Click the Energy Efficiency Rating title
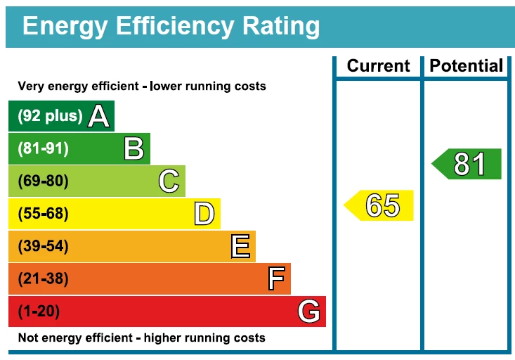[171, 26]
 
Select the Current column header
[378, 66]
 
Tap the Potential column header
[467, 66]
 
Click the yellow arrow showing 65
[380, 205]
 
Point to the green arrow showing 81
[468, 164]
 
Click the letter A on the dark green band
[99, 117]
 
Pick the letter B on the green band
[133, 149]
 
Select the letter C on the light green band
[169, 181]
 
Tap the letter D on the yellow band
[204, 214]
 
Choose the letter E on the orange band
[240, 246]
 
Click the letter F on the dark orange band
[276, 279]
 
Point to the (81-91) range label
[43, 149]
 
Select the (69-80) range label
[43, 181]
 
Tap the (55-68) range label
[43, 214]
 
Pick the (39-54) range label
[43, 246]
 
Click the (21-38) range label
[43, 279]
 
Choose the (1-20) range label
[39, 311]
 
